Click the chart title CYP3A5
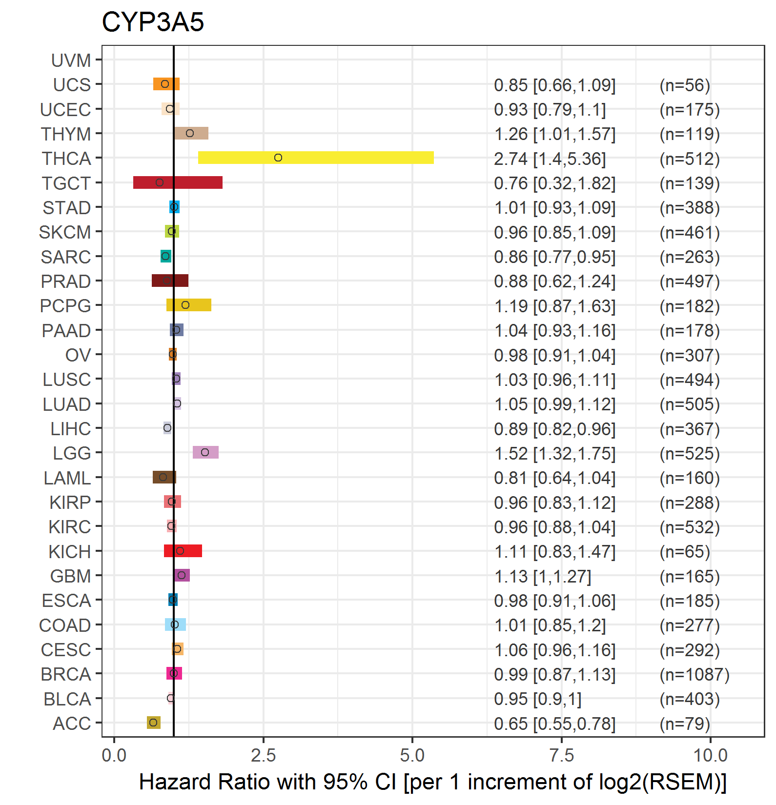pyautogui.click(x=153, y=22)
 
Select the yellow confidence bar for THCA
pyautogui.click(x=316, y=158)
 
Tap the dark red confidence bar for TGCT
pyautogui.click(x=178, y=182)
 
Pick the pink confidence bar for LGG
pyautogui.click(x=205, y=452)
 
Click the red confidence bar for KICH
pyautogui.click(x=183, y=551)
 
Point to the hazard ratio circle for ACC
pyautogui.click(x=153, y=723)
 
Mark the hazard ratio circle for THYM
pyautogui.click(x=190, y=133)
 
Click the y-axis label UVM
pyautogui.click(x=71, y=60)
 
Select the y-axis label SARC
pyautogui.click(x=66, y=257)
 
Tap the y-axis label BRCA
pyautogui.click(x=66, y=674)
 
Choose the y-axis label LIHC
pyautogui.click(x=71, y=429)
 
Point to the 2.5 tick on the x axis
pyautogui.click(x=263, y=756)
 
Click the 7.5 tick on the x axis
pyautogui.click(x=561, y=756)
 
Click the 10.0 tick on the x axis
pyautogui.click(x=710, y=756)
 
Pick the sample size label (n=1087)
pyautogui.click(x=694, y=674)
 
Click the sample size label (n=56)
pyautogui.click(x=685, y=85)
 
